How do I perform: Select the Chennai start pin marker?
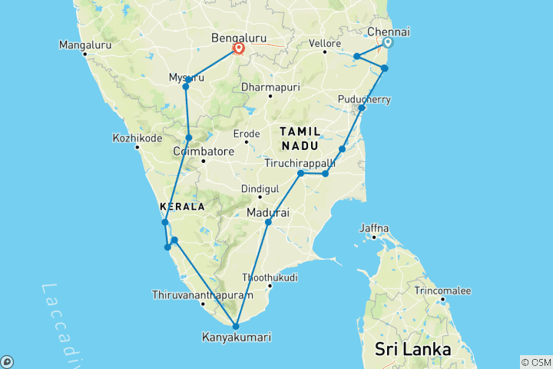pyautogui.click(x=389, y=44)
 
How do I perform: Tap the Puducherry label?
pyautogui.click(x=364, y=99)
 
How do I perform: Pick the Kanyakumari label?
pyautogui.click(x=236, y=337)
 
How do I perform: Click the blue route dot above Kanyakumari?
pyautogui.click(x=236, y=326)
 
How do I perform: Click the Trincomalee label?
pyautogui.click(x=442, y=291)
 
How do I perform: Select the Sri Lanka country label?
pyautogui.click(x=412, y=349)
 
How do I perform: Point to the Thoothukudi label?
pyautogui.click(x=270, y=277)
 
